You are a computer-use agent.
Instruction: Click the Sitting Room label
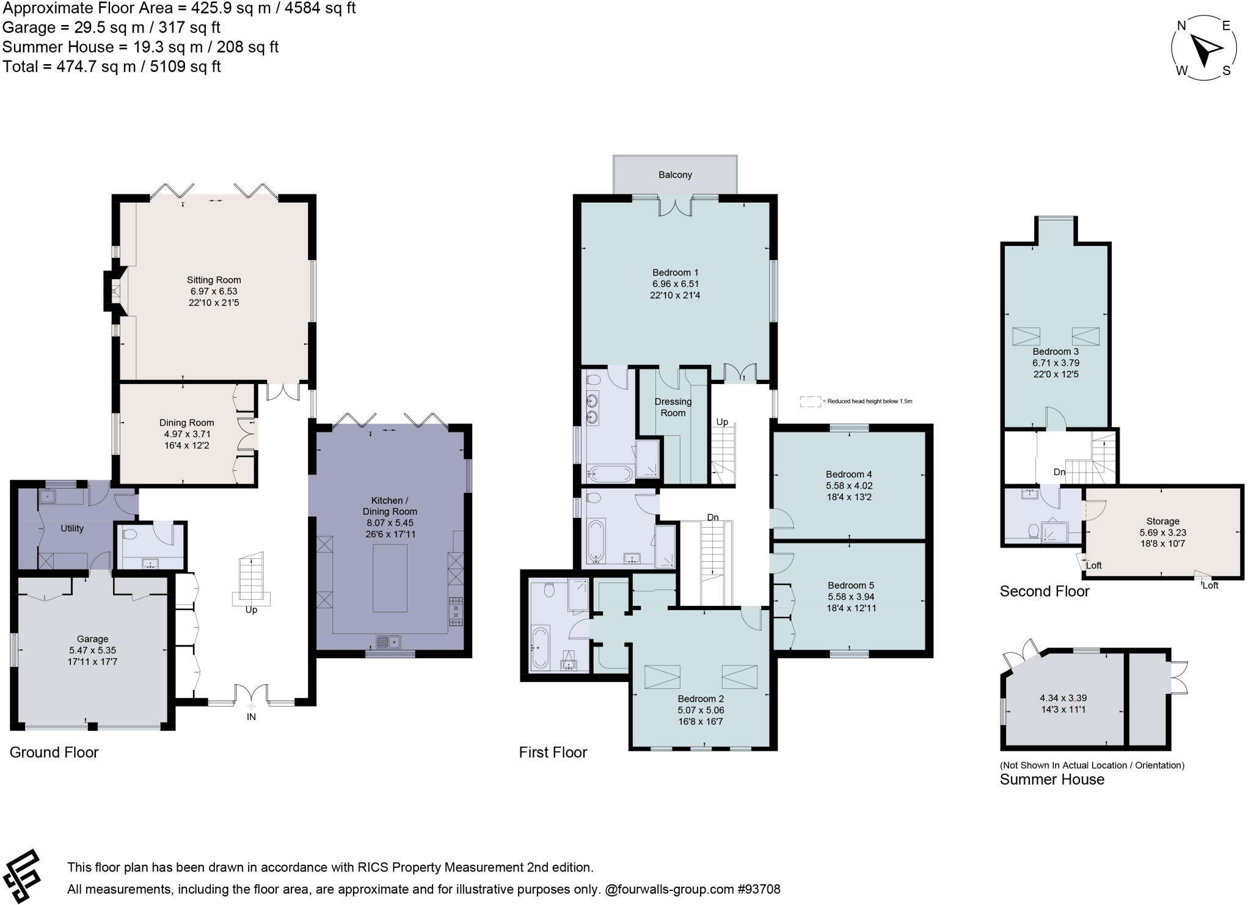click(214, 280)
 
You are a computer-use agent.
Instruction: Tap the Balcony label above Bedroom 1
click(675, 175)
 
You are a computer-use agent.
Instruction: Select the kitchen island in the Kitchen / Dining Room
click(390, 577)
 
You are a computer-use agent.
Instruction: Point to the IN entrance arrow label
click(251, 717)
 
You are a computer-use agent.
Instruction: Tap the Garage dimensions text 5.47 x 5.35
click(92, 650)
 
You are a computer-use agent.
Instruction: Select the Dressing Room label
click(673, 407)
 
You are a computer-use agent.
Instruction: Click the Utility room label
click(72, 529)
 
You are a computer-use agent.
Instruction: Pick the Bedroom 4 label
click(848, 474)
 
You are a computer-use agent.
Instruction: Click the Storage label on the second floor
click(1162, 522)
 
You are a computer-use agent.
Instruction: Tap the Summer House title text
click(1052, 780)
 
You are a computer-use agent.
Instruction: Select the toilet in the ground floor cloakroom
click(129, 534)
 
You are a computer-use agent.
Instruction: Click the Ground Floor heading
click(54, 752)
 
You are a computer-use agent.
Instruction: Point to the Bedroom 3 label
click(1056, 352)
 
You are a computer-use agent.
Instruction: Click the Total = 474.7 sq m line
click(112, 67)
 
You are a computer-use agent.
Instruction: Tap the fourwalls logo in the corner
click(21, 876)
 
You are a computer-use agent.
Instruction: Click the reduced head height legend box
click(810, 401)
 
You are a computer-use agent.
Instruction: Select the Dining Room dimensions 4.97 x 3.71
click(187, 434)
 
